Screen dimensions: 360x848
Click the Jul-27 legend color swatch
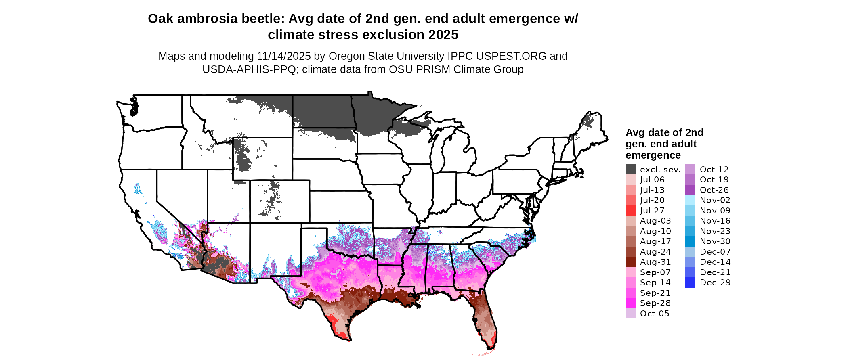pyautogui.click(x=630, y=211)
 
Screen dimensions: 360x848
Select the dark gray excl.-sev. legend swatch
pyautogui.click(x=630, y=170)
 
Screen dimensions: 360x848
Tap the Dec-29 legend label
pyautogui.click(x=715, y=283)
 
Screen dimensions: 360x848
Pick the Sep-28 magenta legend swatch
pyautogui.click(x=630, y=303)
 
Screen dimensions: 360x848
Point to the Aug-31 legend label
pyautogui.click(x=655, y=262)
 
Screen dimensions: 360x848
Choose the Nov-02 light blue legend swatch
pyautogui.click(x=690, y=200)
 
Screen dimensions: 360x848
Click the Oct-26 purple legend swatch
pyautogui.click(x=690, y=190)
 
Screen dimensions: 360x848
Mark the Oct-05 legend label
pyautogui.click(x=655, y=314)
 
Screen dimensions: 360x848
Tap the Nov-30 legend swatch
pyautogui.click(x=690, y=241)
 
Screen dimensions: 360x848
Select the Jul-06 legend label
pyautogui.click(x=652, y=180)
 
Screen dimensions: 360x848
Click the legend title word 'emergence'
pyautogui.click(x=653, y=155)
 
